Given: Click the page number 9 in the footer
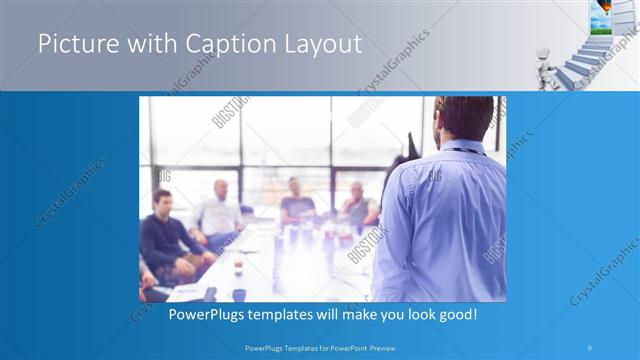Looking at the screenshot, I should (x=591, y=347).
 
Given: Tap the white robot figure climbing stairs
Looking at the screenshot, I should (x=545, y=61).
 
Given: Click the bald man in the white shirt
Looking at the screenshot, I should (x=220, y=210).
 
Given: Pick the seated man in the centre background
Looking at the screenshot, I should (x=295, y=200).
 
